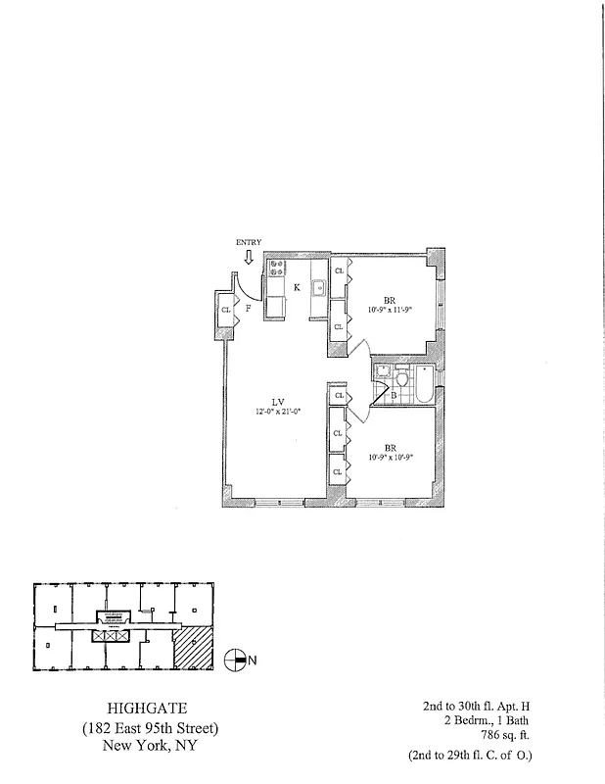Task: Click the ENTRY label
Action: pyautogui.click(x=249, y=242)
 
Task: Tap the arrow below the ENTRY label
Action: pyautogui.click(x=249, y=257)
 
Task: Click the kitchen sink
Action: pyautogui.click(x=318, y=287)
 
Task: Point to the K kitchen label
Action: pyautogui.click(x=297, y=287)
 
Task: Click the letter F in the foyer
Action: pyautogui.click(x=249, y=309)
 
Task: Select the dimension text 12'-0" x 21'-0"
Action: pyautogui.click(x=277, y=412)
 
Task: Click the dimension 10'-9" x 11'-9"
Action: pyautogui.click(x=390, y=311)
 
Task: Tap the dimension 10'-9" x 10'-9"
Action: pyautogui.click(x=390, y=457)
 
